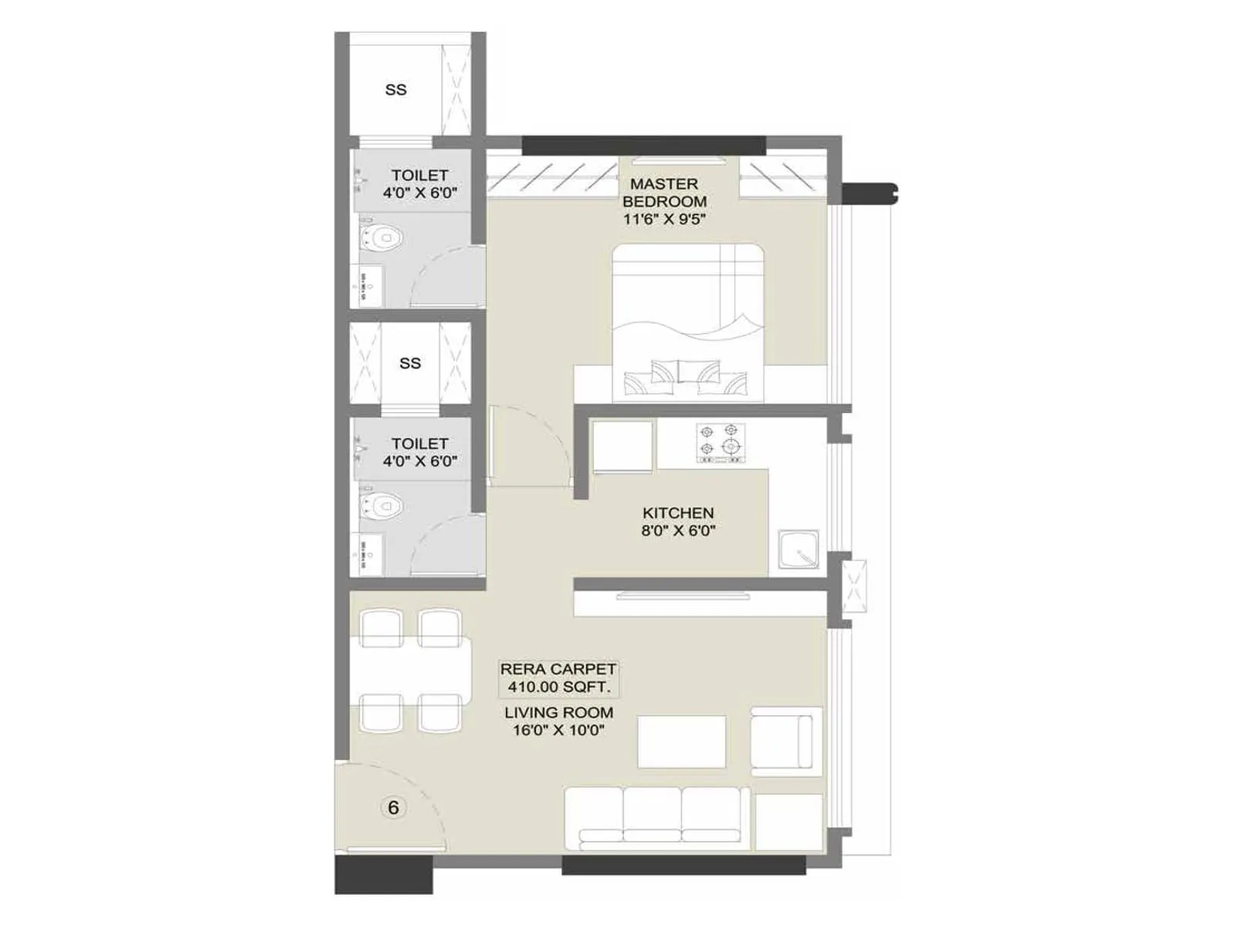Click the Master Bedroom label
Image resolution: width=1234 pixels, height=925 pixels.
tap(664, 193)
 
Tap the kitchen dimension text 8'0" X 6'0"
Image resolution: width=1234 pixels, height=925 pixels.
tap(678, 530)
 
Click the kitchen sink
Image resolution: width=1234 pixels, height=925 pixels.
tap(798, 549)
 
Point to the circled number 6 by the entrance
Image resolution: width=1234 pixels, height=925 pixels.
tap(393, 807)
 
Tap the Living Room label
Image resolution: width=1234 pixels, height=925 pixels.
tap(558, 713)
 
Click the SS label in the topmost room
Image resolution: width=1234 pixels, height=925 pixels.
tap(396, 89)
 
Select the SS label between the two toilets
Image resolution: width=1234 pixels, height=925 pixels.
tap(410, 363)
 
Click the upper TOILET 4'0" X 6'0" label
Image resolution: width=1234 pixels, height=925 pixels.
tap(420, 184)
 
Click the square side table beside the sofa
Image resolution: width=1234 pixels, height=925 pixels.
tap(788, 822)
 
